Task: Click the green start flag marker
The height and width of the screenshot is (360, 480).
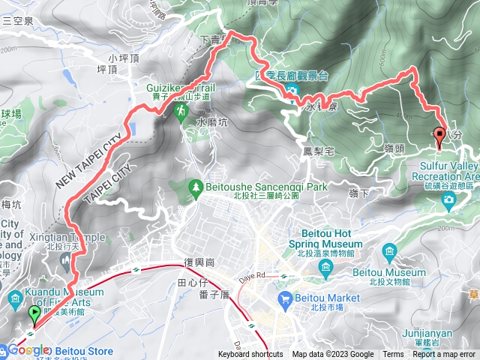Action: (x=34, y=314)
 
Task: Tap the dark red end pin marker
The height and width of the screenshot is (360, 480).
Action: (x=439, y=136)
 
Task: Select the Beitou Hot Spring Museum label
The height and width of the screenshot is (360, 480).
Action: (x=325, y=238)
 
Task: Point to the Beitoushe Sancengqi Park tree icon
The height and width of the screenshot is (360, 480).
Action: (x=196, y=185)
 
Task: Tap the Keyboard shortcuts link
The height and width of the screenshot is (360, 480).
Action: (x=250, y=354)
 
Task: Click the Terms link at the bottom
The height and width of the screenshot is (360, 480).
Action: (x=393, y=354)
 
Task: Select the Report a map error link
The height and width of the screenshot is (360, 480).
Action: (x=444, y=354)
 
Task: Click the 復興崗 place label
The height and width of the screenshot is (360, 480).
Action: (x=199, y=263)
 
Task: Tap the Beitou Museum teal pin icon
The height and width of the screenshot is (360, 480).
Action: (x=389, y=250)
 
